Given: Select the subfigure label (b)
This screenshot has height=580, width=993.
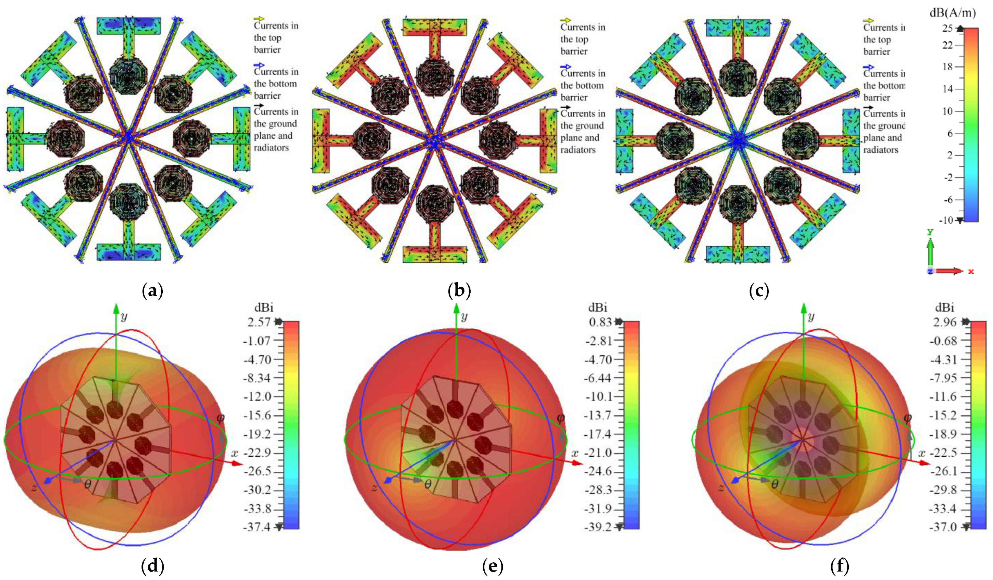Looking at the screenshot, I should pos(459,292).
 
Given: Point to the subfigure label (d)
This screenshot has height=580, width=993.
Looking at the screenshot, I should pos(152,566).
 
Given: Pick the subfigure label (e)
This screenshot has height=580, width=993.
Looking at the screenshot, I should pos(493,566).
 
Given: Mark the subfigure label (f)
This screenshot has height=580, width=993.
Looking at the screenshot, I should pos(839,566).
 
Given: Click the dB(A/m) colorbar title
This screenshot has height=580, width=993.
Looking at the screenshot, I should pos(952,13).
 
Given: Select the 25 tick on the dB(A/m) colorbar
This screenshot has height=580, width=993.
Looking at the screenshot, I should pos(948,28).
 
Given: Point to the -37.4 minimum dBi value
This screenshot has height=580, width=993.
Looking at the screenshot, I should pos(258,526).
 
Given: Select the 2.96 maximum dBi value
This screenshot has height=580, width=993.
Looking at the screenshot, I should pos(945,322).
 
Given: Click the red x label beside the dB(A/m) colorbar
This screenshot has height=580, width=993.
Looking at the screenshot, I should pos(971,272).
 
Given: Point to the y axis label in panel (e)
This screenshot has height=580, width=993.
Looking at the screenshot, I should pos(465,317).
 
